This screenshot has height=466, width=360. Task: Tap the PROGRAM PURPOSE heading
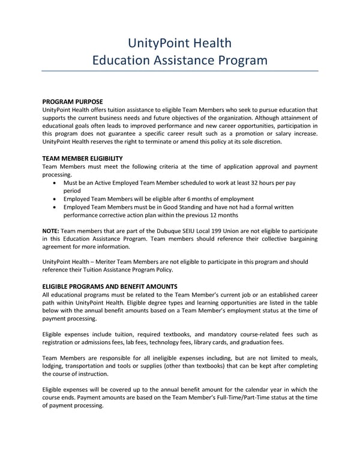[73, 101]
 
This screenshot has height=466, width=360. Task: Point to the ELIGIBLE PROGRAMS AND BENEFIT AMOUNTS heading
[110, 286]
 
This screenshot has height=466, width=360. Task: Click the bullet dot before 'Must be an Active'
[56, 181]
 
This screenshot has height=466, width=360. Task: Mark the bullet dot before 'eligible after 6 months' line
[56, 199]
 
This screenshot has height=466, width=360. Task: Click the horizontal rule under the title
[180, 71]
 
